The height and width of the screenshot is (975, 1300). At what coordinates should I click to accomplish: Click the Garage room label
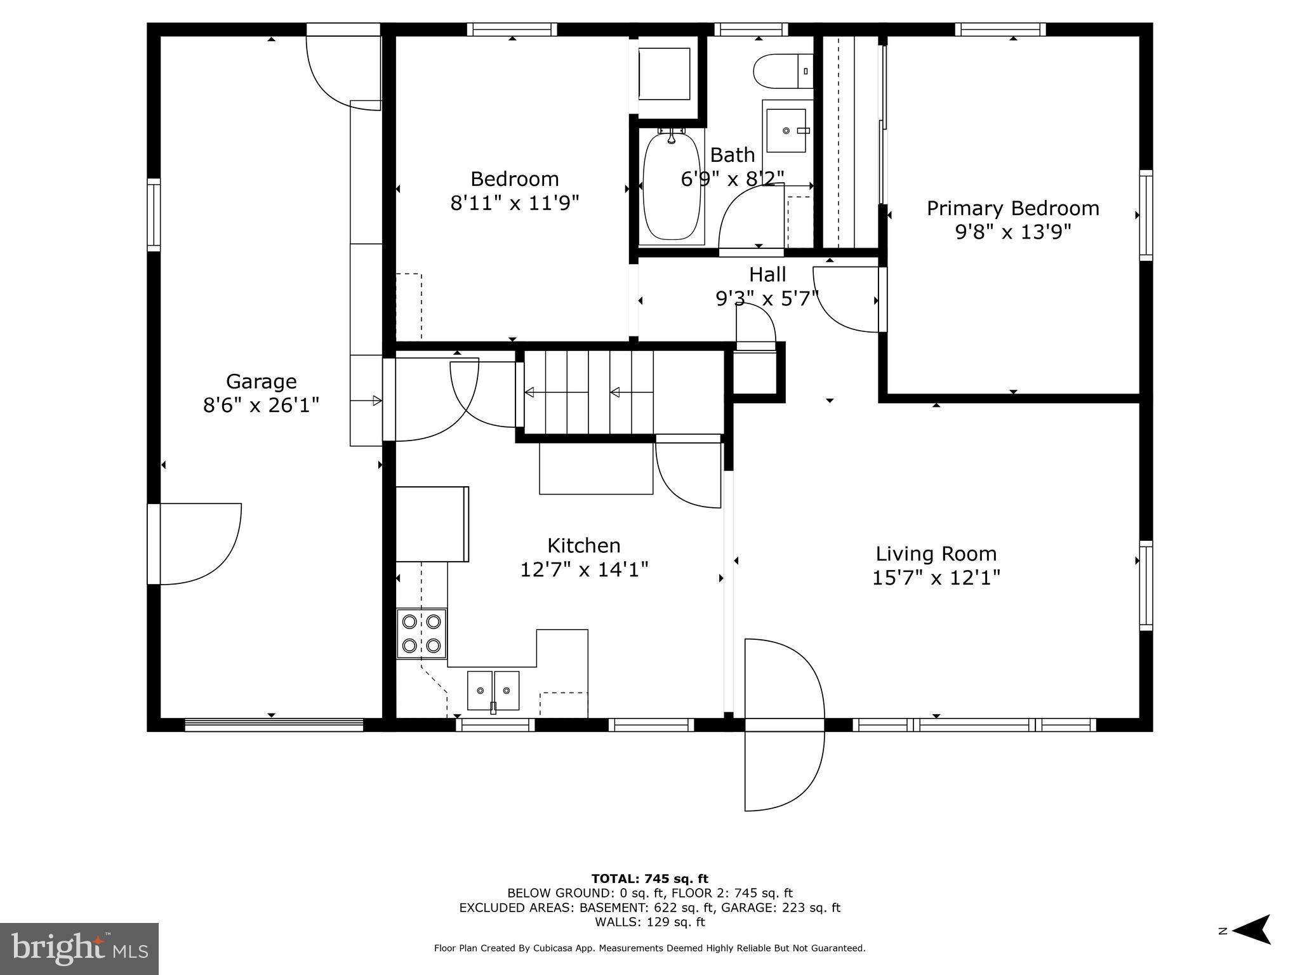[x=261, y=381]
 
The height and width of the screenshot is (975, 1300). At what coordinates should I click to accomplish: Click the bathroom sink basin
[x=786, y=131]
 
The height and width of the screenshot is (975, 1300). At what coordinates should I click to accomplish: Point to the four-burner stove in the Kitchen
[x=421, y=633]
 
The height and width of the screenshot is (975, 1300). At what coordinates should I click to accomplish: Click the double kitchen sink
[x=493, y=690]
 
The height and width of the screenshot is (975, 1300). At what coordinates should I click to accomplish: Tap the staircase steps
[x=588, y=392]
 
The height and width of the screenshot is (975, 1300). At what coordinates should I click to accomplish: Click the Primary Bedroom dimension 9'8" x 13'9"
[x=1012, y=232]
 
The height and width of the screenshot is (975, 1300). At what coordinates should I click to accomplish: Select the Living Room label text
[x=936, y=554]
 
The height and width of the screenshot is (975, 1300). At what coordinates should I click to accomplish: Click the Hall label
[x=767, y=274]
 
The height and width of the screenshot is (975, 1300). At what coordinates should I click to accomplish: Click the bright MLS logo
[x=79, y=949]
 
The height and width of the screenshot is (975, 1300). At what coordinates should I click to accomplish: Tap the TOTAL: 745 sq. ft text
[x=649, y=879]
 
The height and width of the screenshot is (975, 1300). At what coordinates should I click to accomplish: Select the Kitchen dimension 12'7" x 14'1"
[x=584, y=569]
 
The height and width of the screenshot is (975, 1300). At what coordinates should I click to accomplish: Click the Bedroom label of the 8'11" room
[x=514, y=178]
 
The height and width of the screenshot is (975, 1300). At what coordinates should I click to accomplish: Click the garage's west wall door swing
[x=200, y=544]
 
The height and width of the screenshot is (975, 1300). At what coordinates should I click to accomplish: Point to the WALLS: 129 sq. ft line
[x=649, y=922]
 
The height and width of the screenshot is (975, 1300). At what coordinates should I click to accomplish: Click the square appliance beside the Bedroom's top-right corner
[x=664, y=74]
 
